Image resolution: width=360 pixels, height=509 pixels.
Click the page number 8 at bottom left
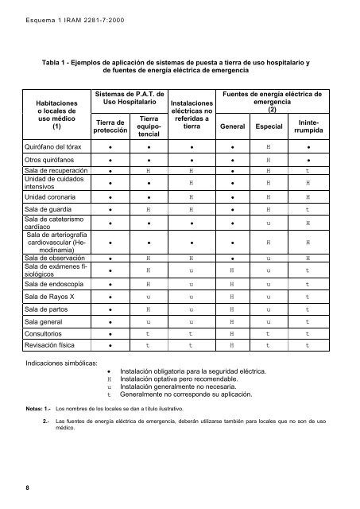[x=26, y=488]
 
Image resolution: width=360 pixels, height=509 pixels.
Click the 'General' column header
[x=233, y=126]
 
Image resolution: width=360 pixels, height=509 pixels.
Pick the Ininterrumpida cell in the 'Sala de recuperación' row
[x=308, y=170]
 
